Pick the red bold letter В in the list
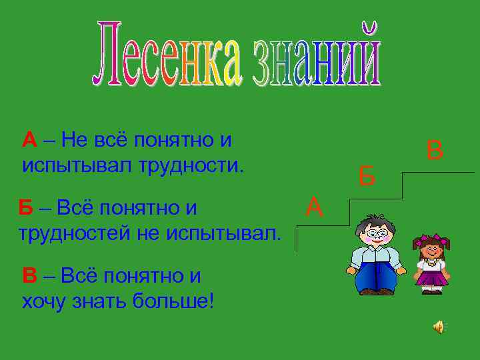pyautogui.click(x=29, y=276)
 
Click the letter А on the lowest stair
pyautogui.click(x=315, y=207)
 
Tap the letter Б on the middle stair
pyautogui.click(x=367, y=177)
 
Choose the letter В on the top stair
pyautogui.click(x=435, y=149)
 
